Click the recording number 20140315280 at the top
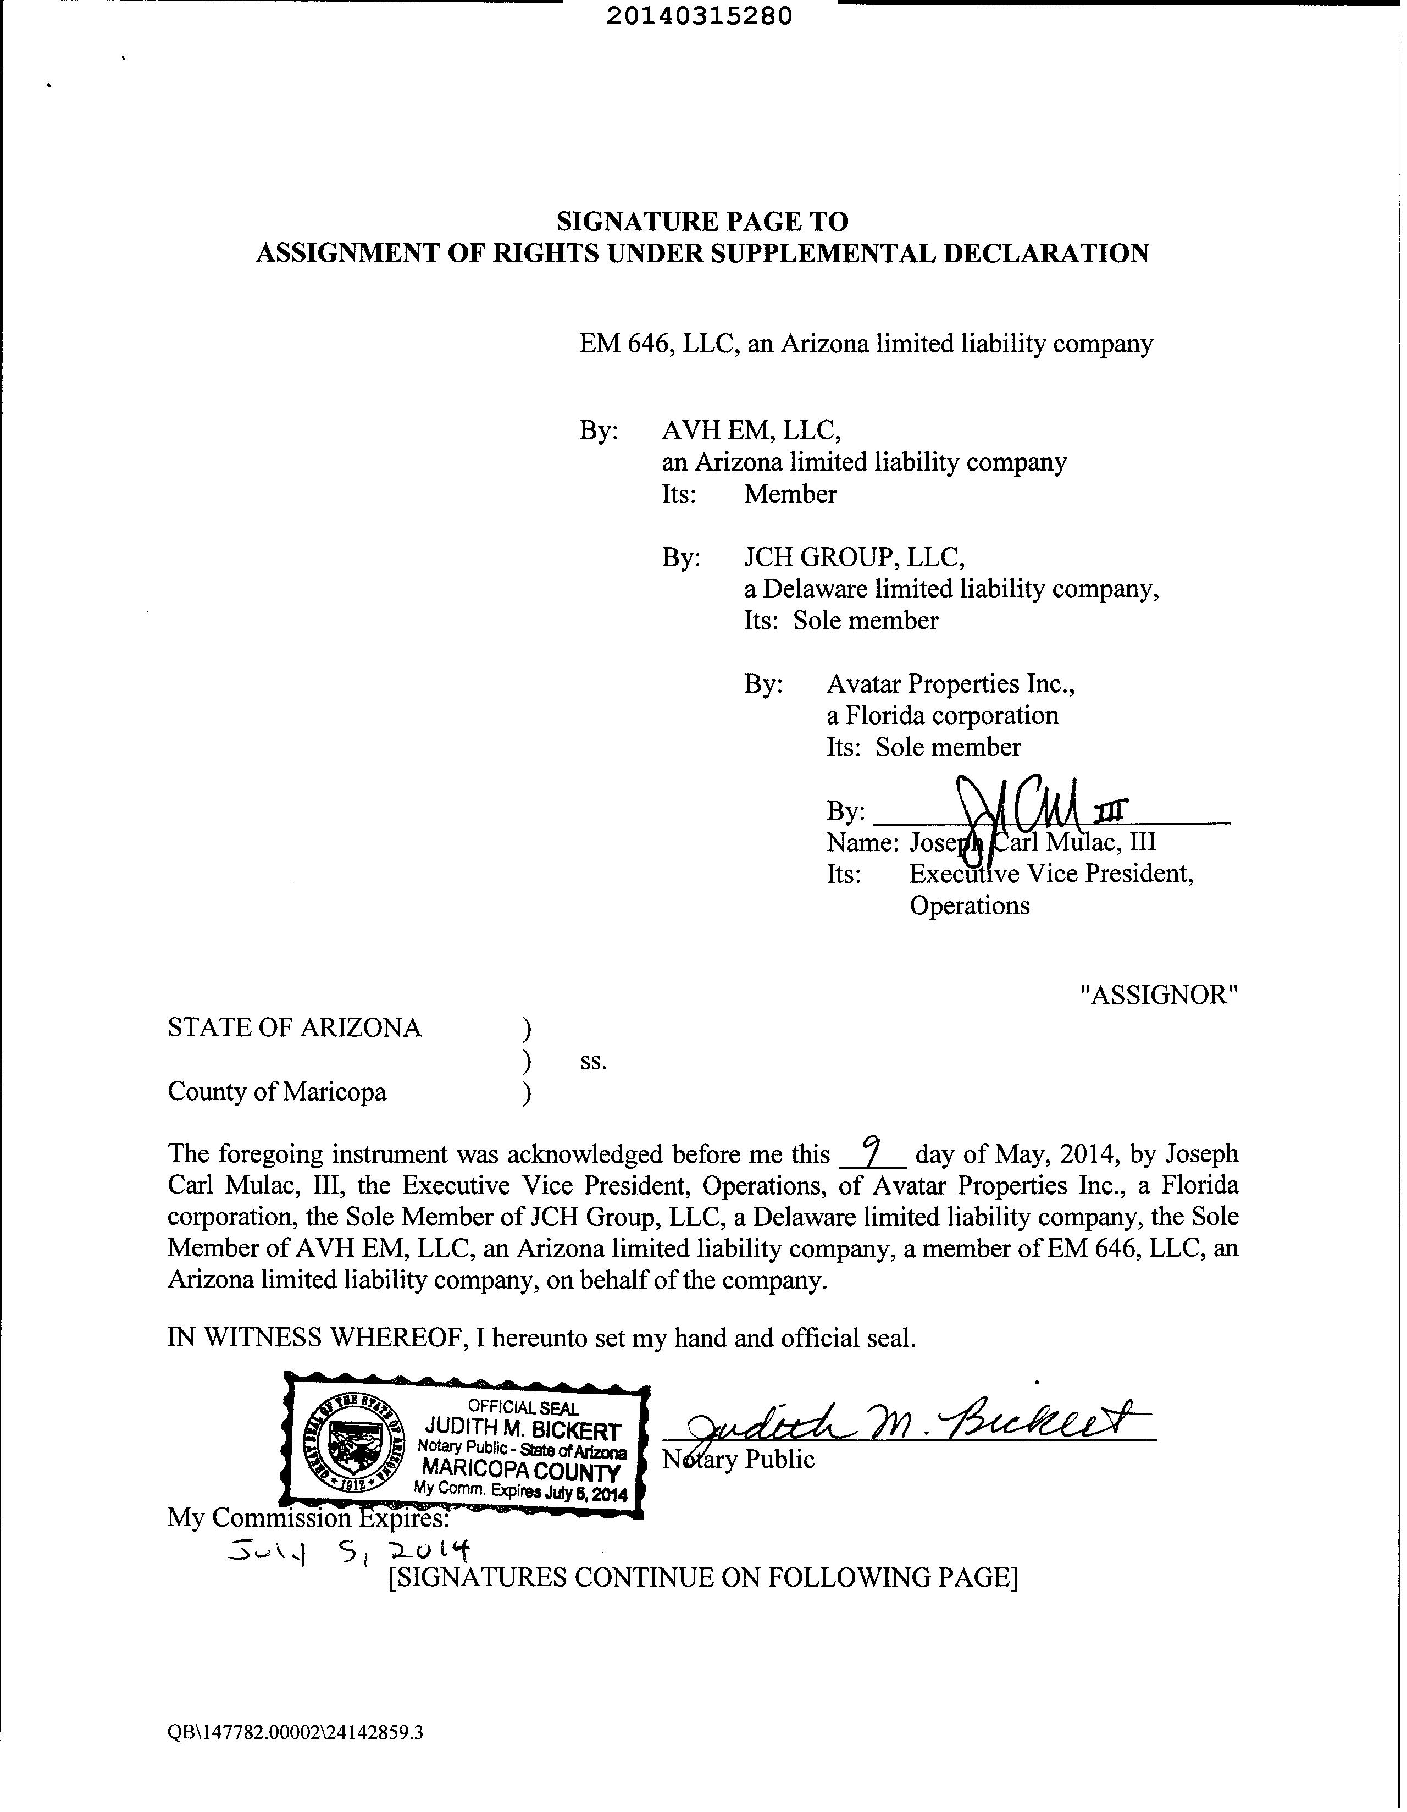(699, 16)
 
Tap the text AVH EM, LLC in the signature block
(752, 430)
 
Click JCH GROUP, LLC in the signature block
(854, 557)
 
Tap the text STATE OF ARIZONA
(295, 1028)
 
